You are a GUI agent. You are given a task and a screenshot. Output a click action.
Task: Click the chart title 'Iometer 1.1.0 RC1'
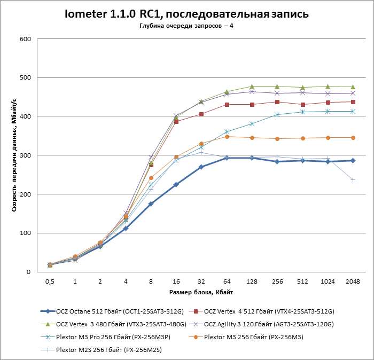point(186,13)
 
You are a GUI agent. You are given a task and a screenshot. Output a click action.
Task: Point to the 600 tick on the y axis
point(24,39)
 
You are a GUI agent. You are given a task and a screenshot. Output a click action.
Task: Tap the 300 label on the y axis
point(24,155)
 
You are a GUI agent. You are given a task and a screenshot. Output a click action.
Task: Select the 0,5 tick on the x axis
point(50,281)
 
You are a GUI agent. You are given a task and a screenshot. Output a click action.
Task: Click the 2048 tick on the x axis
point(353,281)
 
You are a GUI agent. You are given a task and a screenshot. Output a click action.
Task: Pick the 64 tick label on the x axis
point(227,281)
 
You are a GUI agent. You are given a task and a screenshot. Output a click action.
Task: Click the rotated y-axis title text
point(14,155)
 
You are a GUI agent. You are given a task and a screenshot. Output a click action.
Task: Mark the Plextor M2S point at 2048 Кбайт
point(353,179)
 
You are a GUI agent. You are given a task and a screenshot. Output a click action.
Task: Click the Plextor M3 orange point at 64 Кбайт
point(227,137)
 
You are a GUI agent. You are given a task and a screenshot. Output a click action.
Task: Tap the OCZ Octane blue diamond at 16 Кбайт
point(176,184)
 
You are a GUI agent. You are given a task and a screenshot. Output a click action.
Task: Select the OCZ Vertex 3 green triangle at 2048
point(353,87)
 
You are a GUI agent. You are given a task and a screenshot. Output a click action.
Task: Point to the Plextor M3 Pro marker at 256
point(277,114)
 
